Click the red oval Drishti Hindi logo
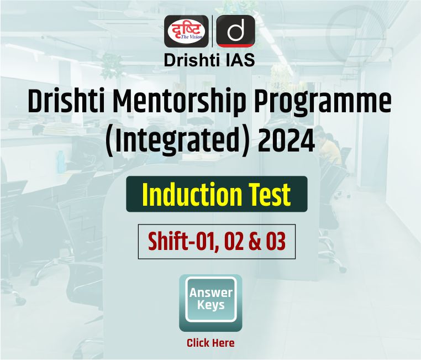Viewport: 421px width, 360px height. click(x=186, y=31)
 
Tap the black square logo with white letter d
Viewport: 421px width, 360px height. click(x=235, y=31)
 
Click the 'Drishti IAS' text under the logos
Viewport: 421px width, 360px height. click(x=209, y=60)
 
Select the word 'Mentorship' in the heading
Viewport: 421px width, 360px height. click(x=180, y=103)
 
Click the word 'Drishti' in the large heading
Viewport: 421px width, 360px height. click(x=66, y=102)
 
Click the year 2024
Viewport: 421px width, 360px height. click(x=287, y=140)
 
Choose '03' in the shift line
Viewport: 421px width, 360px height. click(x=276, y=241)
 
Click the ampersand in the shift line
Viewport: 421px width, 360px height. click(x=255, y=241)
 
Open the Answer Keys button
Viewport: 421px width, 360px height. click(x=211, y=303)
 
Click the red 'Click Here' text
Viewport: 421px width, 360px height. click(x=211, y=343)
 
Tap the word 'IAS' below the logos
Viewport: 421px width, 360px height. click(x=240, y=60)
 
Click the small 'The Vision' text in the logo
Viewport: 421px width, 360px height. click(x=191, y=37)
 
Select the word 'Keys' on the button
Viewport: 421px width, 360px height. click(x=211, y=305)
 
